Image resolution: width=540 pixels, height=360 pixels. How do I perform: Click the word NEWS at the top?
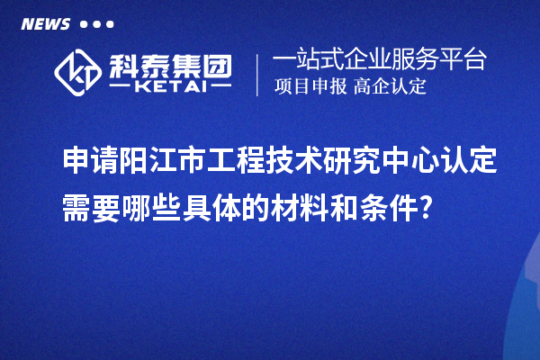click(45, 24)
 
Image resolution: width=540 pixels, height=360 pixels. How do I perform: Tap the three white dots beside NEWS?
click(97, 24)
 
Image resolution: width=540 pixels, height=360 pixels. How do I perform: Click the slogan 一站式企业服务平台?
click(380, 60)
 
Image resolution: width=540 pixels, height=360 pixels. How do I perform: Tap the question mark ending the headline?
click(437, 209)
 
